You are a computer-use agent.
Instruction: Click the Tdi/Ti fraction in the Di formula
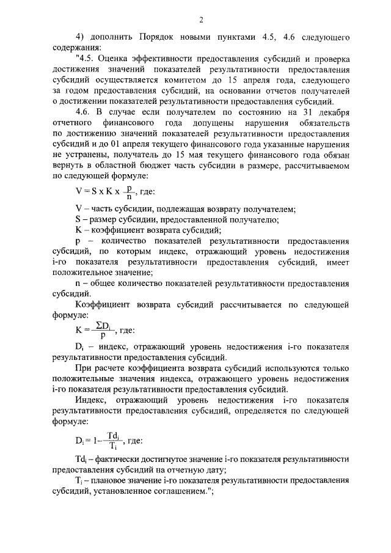point(111,440)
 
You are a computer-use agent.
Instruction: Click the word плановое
point(117,481)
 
